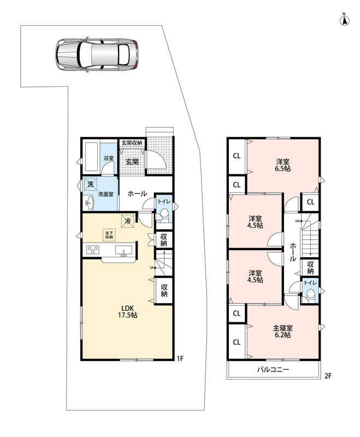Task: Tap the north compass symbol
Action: (x=344, y=20)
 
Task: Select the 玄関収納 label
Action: (x=132, y=143)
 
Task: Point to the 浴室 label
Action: (x=108, y=158)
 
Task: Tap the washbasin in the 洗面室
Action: (x=89, y=202)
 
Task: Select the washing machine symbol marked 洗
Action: (x=90, y=184)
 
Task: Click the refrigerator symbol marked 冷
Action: (x=128, y=221)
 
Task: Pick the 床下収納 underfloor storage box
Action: (x=109, y=235)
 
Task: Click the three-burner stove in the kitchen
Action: (x=93, y=249)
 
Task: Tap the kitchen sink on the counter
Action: (x=123, y=250)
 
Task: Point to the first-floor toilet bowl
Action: (x=164, y=214)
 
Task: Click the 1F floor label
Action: (x=180, y=358)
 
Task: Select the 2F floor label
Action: (x=328, y=376)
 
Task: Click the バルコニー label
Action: (x=273, y=370)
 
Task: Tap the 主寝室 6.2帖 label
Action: (x=282, y=331)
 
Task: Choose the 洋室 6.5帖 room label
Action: (x=282, y=165)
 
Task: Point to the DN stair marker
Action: (x=298, y=221)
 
